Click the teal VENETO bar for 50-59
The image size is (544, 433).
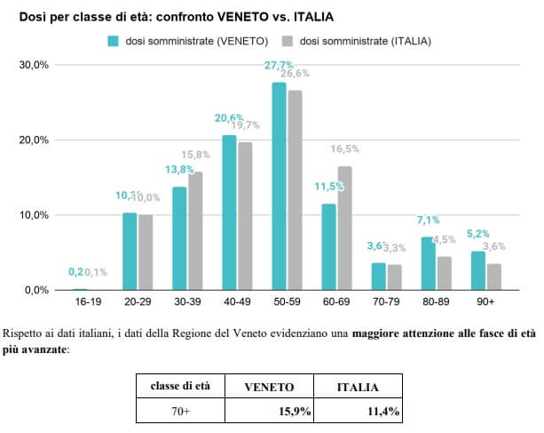tap(279, 186)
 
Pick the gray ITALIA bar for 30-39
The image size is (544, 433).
tap(195, 230)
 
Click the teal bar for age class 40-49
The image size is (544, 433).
tap(229, 212)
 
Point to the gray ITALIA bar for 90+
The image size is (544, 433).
tap(494, 276)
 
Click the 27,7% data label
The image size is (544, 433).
tap(280, 66)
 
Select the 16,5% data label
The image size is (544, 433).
tap(344, 149)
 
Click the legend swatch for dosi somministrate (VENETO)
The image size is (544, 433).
tap(113, 40)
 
